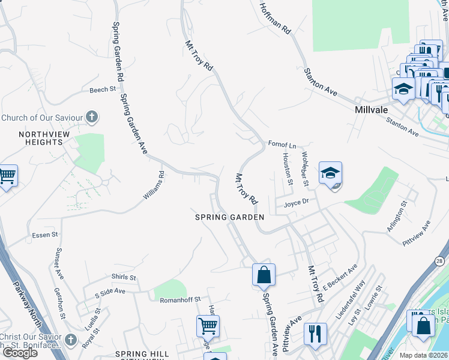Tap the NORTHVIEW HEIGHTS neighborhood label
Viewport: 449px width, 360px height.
40,138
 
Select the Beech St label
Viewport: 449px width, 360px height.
102,89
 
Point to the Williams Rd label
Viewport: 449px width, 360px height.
154,186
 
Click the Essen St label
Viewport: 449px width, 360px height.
45,235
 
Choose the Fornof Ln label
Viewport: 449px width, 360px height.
282,145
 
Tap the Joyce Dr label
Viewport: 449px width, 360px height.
296,202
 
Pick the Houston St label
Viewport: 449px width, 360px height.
288,169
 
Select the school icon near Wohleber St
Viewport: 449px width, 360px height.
330,173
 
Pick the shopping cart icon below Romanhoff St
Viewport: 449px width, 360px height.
208,326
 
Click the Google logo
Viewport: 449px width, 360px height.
20,353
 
